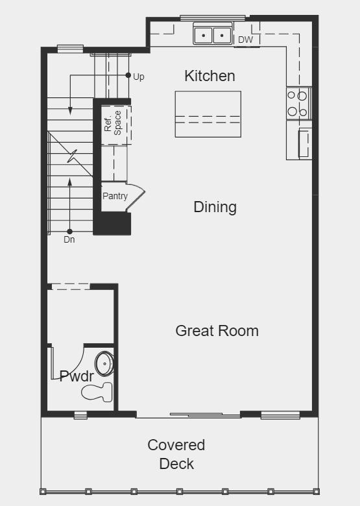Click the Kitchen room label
click(210, 76)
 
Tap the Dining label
click(215, 207)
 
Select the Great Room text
click(217, 331)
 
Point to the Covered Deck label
click(176, 454)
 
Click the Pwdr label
click(77, 376)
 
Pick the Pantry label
click(115, 197)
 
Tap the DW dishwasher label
click(245, 40)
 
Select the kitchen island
click(208, 114)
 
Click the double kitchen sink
click(213, 34)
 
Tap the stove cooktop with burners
click(298, 103)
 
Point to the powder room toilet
click(101, 391)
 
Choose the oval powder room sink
click(104, 364)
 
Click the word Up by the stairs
click(139, 77)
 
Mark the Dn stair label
click(69, 239)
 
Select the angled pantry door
click(135, 199)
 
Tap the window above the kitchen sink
click(212, 18)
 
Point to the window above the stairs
click(70, 48)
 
